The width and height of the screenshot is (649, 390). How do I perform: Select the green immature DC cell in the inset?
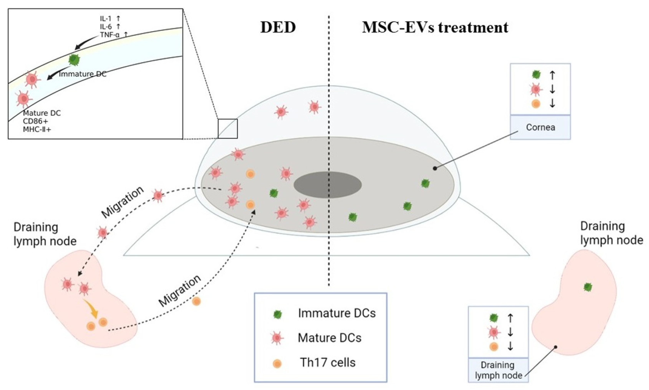click(74, 60)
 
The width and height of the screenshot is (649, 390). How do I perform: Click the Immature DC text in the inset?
click(83, 74)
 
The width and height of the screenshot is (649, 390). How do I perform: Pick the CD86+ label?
click(35, 121)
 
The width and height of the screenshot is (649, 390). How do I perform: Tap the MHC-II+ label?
click(37, 129)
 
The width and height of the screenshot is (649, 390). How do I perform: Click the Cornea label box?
click(540, 127)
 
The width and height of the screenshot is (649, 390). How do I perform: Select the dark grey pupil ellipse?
click(327, 185)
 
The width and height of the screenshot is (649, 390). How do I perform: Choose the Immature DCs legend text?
click(337, 313)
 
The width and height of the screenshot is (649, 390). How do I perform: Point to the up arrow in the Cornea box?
click(552, 75)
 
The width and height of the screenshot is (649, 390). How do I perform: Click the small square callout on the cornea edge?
click(228, 129)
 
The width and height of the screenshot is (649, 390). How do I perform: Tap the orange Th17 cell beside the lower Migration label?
click(196, 301)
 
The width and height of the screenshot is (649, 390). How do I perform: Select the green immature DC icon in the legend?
click(278, 314)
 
